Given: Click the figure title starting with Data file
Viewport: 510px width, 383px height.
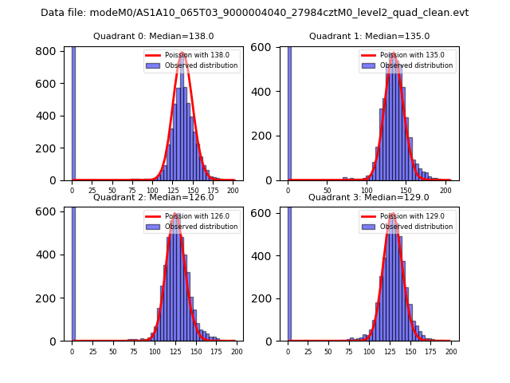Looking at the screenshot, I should coord(254,13).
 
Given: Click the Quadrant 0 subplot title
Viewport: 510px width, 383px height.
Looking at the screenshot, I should coord(154,36).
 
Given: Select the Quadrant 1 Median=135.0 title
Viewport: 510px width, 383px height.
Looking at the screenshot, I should coord(369,36).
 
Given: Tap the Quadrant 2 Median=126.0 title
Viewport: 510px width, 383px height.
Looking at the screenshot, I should coord(154,197).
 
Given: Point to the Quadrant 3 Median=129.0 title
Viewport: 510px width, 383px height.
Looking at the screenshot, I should coord(369,197).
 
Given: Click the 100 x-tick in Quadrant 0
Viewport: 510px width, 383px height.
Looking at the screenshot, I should coord(152,191).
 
